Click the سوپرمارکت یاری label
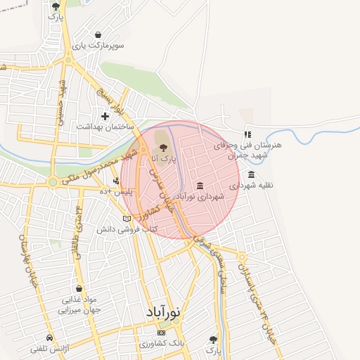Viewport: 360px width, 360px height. pos(102,45)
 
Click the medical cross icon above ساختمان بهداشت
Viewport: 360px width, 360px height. pos(105,116)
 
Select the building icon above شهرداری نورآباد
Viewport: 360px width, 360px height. pos(200,186)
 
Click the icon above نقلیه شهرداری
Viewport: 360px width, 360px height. pos(251,174)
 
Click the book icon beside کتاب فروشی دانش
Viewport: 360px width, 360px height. pos(127,219)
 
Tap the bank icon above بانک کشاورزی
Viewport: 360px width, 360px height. pos(161,332)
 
